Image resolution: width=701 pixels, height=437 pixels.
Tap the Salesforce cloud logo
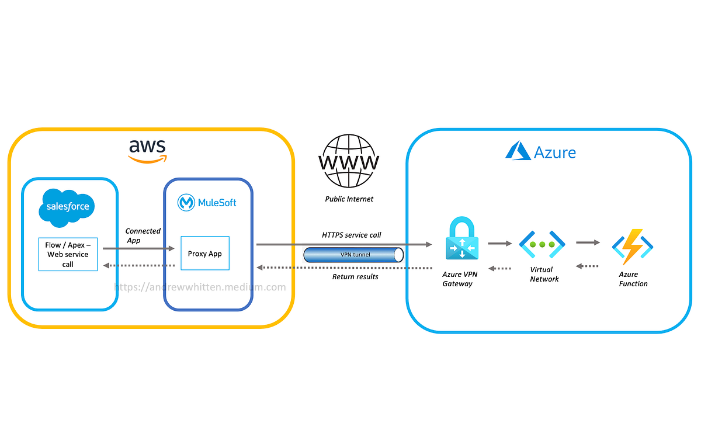67,207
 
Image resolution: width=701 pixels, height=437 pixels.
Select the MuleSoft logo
207,203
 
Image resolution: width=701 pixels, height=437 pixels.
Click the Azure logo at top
541,152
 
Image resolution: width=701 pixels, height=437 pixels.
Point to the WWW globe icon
348,161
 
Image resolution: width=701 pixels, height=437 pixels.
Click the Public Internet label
349,199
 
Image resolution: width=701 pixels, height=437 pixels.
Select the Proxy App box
205,253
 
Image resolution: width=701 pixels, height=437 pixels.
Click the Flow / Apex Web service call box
68,255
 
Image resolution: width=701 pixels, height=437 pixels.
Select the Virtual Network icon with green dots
542,245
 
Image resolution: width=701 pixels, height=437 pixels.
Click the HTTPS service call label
352,235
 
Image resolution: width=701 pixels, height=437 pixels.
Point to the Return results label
355,276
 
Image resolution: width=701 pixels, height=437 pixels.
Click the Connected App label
142,235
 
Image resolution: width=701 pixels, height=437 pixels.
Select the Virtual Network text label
543,275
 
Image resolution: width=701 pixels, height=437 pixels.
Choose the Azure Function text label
633,279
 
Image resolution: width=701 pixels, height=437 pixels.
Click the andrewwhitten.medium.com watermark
200,287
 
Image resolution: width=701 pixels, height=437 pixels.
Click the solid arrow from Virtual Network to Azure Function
588,242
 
